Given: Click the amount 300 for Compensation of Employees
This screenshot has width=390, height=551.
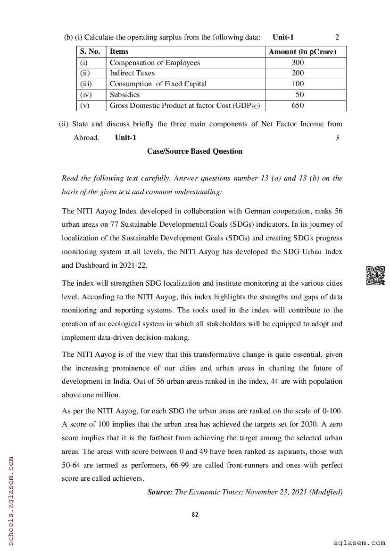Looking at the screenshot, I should pos(298,63).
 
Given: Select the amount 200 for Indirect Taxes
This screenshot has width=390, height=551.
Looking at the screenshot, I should pos(298,73).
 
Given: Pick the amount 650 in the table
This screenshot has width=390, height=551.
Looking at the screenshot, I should pos(298,106).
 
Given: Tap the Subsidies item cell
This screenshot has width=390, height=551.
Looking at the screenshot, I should pos(124,95).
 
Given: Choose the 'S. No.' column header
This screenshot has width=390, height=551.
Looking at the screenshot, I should pos(90,51).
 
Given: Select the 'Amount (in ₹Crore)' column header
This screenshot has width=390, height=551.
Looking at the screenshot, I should pos(302,52).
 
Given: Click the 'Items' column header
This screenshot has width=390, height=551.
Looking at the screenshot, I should pos(119,51).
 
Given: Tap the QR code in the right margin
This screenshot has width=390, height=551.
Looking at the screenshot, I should pos(375,276).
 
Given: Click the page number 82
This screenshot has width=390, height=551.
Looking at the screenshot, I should pos(195,515).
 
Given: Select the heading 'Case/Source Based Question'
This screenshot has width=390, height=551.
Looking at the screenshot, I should pos(195,151).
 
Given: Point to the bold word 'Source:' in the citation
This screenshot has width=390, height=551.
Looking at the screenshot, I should pos(160,492).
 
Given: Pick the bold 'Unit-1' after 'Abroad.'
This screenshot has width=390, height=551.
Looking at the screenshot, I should pos(125,138).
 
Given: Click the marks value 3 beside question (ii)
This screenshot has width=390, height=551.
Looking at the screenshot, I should pos(337,138).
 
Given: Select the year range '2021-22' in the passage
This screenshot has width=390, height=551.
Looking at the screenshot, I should pos(134,265).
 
